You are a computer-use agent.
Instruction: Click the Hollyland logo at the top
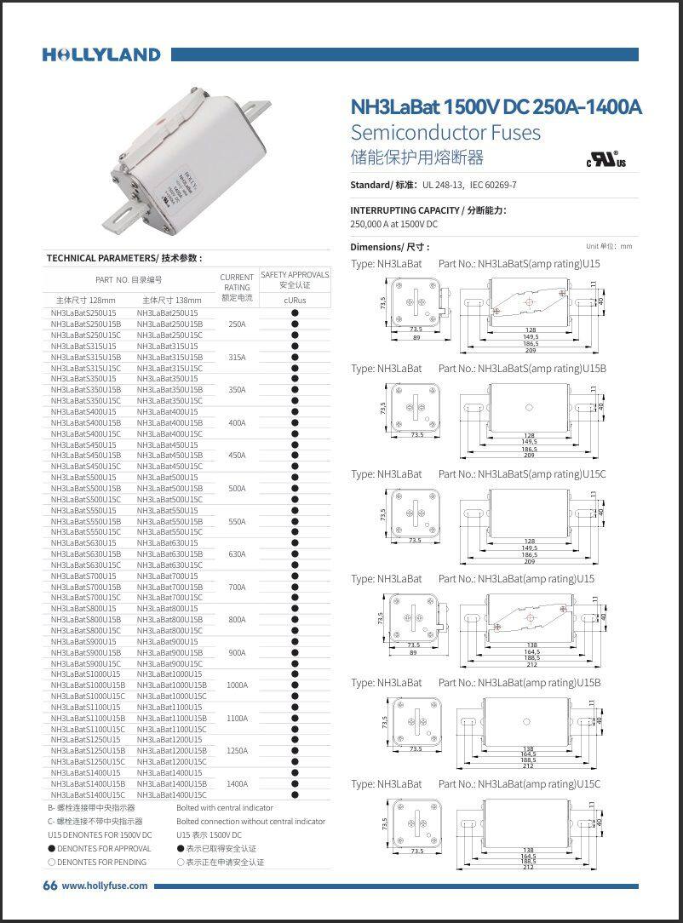(101, 54)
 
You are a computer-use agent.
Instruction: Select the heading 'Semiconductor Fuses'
(445, 132)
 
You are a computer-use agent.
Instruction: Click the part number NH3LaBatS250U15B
(86, 324)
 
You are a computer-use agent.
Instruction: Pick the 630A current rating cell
(237, 554)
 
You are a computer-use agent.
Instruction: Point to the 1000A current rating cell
(237, 685)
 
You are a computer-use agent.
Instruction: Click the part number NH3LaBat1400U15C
(171, 795)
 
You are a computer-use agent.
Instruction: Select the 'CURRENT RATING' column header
(237, 287)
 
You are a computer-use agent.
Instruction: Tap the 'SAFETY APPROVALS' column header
(295, 280)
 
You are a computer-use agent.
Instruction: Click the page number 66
(49, 886)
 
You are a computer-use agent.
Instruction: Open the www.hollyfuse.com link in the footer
(105, 886)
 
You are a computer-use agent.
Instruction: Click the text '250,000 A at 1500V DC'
(393, 224)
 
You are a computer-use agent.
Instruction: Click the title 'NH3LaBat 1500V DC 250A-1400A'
(496, 107)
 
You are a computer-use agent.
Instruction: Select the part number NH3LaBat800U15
(169, 609)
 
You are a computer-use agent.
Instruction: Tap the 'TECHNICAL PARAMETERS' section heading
(123, 258)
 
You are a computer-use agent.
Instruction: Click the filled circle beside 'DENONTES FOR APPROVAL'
(51, 849)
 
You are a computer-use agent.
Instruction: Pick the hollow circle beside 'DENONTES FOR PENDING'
(51, 863)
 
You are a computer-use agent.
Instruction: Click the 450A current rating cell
(237, 456)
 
